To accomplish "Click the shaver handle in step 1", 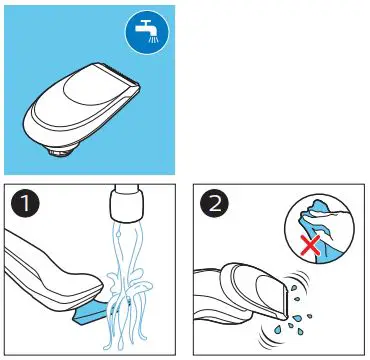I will pos(40,270).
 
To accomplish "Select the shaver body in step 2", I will pos(245,300).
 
